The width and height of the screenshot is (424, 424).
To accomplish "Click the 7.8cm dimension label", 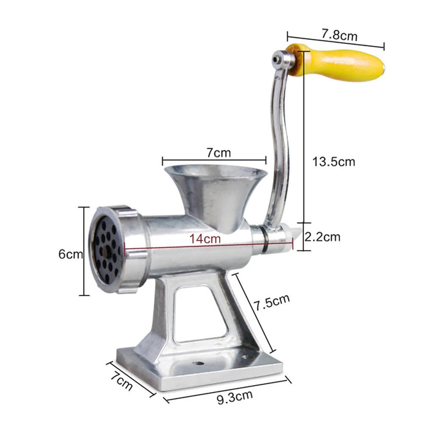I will click(339, 35).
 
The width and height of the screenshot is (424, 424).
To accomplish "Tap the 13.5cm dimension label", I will click(333, 161).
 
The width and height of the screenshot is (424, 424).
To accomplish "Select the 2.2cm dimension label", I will click(323, 237).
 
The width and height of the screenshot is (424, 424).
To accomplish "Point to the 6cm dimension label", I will click(70, 254).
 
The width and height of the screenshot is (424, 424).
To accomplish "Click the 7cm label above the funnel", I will click(219, 152).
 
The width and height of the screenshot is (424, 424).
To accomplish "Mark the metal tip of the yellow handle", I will click(383, 67).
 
